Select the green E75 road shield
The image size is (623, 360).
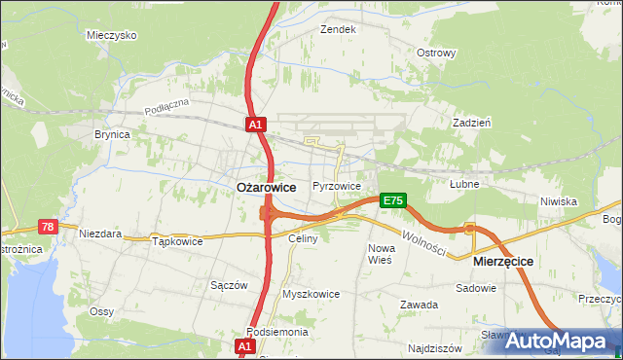(x=392, y=200)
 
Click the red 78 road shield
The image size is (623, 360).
(x=48, y=227)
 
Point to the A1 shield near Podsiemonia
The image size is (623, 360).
(x=243, y=345)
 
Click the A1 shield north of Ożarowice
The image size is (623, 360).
(x=254, y=125)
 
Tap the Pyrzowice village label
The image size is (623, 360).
(x=337, y=186)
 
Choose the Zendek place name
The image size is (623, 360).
(x=339, y=29)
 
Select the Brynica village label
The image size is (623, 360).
(x=112, y=135)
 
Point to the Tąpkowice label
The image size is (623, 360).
(x=177, y=241)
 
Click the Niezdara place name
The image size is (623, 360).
(x=100, y=234)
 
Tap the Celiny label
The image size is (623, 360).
(x=303, y=238)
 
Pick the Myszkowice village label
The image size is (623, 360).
(x=311, y=293)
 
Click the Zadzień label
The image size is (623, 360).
(x=471, y=123)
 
